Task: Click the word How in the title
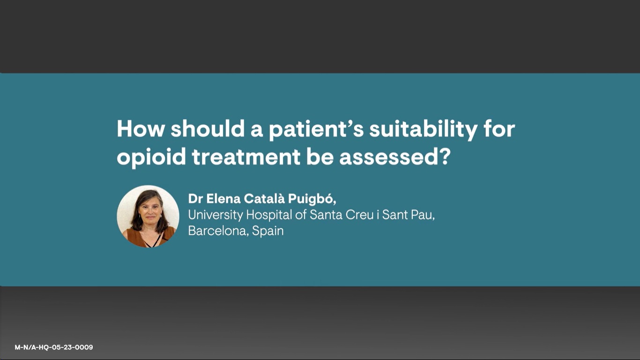coord(141,129)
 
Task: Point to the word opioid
coord(151,157)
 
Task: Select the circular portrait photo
coord(148,216)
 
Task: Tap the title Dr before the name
coord(195,199)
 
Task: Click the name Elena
coord(223,199)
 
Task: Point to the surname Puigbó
coord(312,199)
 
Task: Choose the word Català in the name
coord(264,198)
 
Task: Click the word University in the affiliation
coord(216,215)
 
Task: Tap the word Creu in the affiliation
coord(359,215)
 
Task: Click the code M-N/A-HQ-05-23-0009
coord(54,347)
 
